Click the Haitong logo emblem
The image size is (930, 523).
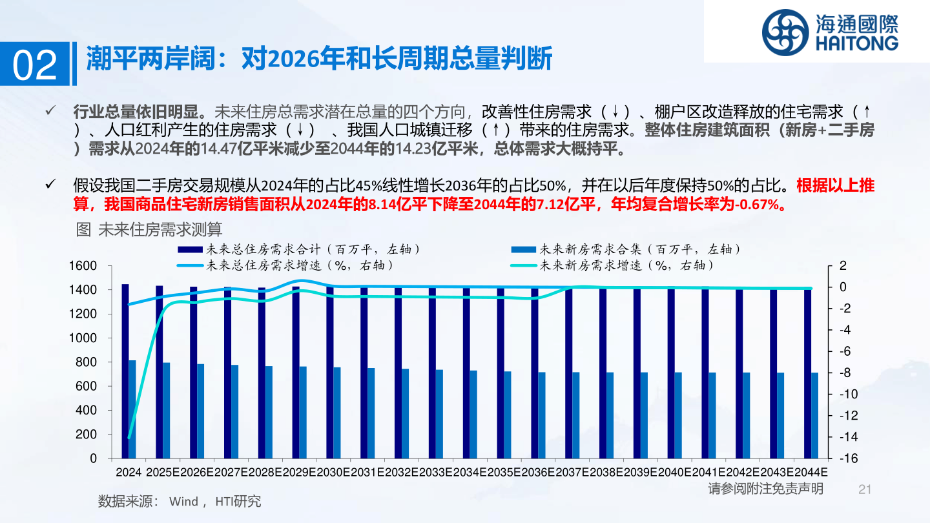point(784,32)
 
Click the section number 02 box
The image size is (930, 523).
point(36,65)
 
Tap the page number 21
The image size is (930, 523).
point(865,489)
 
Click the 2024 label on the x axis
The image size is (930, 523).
point(129,472)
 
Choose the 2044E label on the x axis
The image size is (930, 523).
point(811,472)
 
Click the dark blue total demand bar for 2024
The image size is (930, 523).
point(125,371)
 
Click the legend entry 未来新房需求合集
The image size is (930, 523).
point(636,249)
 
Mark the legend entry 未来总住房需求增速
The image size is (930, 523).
point(297,265)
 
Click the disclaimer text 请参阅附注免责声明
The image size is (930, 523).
point(765,489)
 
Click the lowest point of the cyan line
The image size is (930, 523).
point(129,438)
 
